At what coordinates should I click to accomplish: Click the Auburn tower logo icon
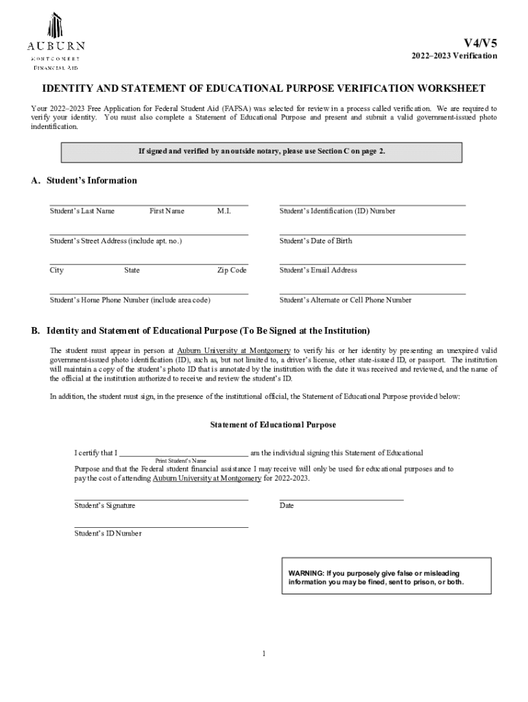pyautogui.click(x=56, y=26)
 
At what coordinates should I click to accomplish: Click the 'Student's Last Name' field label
pyautogui.click(x=82, y=211)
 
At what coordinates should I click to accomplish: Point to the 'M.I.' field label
pyautogui.click(x=224, y=211)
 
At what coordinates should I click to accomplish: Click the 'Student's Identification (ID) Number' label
pyautogui.click(x=337, y=211)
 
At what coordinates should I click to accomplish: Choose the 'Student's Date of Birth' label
pyautogui.click(x=316, y=241)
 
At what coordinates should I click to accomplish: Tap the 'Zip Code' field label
pyautogui.click(x=232, y=270)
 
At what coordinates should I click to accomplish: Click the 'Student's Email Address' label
pyautogui.click(x=318, y=270)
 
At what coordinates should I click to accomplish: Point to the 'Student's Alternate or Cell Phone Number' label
pyautogui.click(x=346, y=300)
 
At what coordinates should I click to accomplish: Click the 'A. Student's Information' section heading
pyautogui.click(x=84, y=181)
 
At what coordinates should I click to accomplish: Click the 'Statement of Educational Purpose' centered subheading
pyautogui.click(x=273, y=425)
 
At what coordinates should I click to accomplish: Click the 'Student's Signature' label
pyautogui.click(x=105, y=505)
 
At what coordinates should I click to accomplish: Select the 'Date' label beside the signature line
pyautogui.click(x=287, y=505)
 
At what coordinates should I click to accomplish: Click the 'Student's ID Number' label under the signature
pyautogui.click(x=108, y=533)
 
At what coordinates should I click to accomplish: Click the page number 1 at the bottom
pyautogui.click(x=264, y=653)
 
